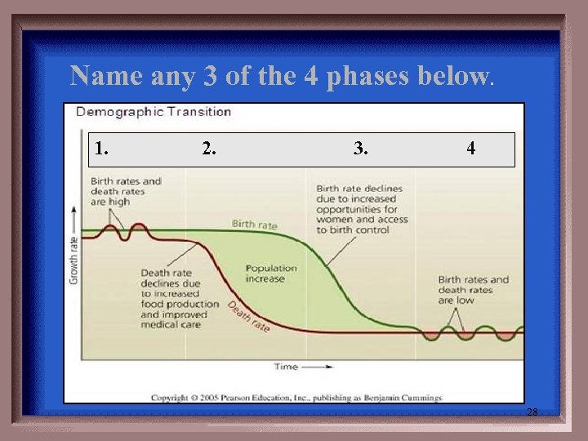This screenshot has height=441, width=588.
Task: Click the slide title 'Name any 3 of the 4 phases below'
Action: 282,76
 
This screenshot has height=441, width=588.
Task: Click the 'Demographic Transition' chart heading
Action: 154,112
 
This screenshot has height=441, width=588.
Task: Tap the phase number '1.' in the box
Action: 101,149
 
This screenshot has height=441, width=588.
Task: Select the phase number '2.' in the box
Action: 209,149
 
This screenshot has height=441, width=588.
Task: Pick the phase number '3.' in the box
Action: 360,149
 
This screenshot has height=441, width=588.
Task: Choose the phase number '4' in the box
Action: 471,149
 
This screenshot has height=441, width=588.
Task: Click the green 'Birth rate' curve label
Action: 254,224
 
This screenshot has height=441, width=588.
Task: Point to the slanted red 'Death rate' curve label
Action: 248,316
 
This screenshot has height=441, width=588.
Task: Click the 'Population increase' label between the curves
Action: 271,273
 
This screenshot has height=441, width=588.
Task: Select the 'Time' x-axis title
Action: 286,367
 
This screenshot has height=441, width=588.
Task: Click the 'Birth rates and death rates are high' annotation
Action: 126,191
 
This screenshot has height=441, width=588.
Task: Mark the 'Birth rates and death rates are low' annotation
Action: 473,290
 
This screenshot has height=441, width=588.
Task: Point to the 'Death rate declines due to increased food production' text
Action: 178,293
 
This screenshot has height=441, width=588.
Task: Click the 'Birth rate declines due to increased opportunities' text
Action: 360,209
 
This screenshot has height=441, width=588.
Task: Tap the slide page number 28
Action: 532,412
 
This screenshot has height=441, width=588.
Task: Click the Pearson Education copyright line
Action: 296,398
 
